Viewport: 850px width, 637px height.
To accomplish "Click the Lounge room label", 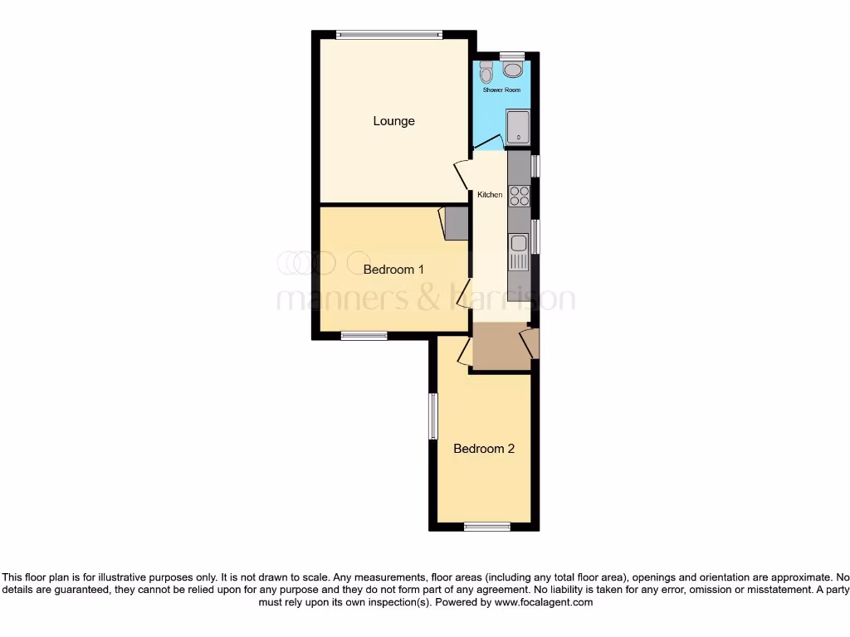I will click(x=393, y=121).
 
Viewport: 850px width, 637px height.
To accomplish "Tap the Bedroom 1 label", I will click(x=393, y=270).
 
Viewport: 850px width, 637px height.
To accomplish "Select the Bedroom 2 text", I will click(x=483, y=449).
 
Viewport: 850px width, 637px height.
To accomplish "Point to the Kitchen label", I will click(x=490, y=195).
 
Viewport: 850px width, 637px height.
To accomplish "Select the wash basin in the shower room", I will click(x=513, y=69).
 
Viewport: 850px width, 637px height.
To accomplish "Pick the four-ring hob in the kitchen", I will click(x=519, y=196).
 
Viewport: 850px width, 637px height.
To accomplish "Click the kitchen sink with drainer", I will click(x=519, y=251).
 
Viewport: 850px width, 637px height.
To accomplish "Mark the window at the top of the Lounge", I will click(x=389, y=35).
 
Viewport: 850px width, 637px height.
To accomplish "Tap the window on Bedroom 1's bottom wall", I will click(x=364, y=335).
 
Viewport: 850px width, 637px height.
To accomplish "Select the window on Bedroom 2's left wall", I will click(x=432, y=416).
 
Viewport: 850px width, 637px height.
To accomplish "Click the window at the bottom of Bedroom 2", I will click(x=487, y=526).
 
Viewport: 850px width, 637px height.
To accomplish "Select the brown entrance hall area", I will click(x=501, y=346).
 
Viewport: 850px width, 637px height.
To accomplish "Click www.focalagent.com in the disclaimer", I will click(x=543, y=602).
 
